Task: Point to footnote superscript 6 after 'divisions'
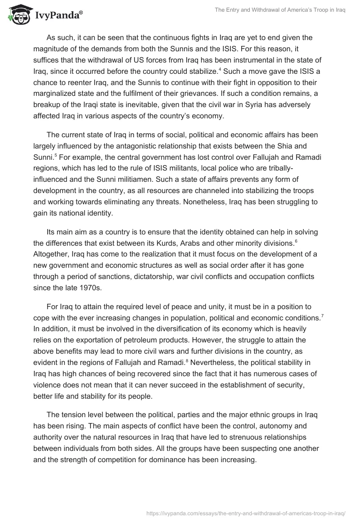tap(295, 242)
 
